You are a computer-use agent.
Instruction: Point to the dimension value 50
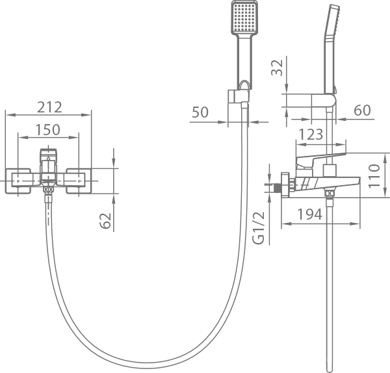[x=200, y=112]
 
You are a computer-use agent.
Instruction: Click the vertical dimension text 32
[x=277, y=68]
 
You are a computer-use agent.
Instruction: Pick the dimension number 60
[x=362, y=110]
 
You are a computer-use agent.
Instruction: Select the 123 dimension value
[x=311, y=135]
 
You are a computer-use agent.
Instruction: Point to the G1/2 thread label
[x=259, y=227]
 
